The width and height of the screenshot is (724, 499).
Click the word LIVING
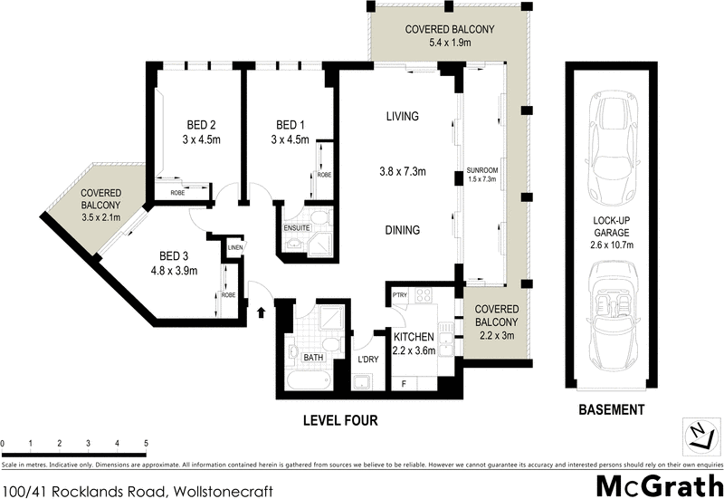[402, 116]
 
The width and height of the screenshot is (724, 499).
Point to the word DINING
[402, 230]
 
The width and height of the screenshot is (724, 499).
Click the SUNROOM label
[482, 170]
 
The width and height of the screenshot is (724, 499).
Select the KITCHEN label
[410, 337]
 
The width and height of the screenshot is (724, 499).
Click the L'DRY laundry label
[367, 360]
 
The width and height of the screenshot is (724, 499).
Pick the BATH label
[313, 358]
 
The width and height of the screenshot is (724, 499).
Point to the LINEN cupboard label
[235, 246]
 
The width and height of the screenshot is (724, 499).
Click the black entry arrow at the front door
[262, 313]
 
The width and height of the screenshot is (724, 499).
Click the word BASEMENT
[612, 410]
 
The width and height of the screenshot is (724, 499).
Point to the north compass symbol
[699, 437]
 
